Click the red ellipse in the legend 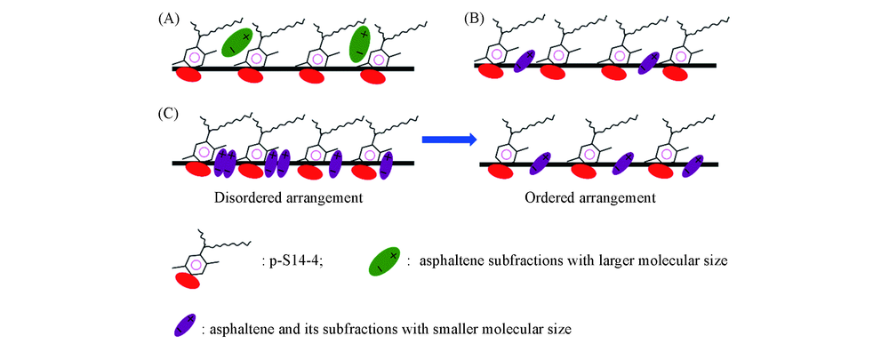point(188,281)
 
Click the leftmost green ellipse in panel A point(236,42)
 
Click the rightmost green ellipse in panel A point(361,44)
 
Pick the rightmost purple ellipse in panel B point(652,62)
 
